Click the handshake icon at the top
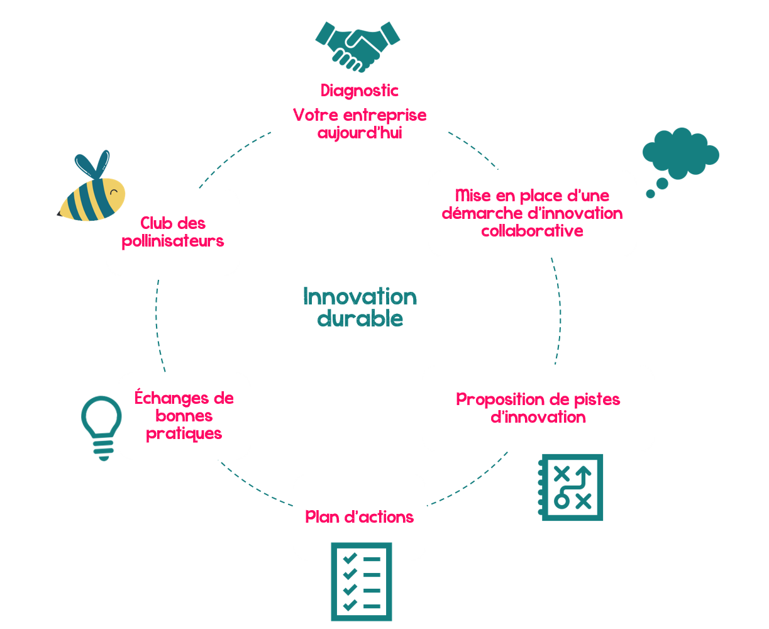(x=358, y=46)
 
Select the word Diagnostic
(x=360, y=91)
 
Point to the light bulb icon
(x=101, y=425)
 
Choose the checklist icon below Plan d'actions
(x=361, y=581)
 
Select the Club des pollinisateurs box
(x=173, y=232)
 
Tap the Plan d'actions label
(x=360, y=517)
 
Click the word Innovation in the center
(x=360, y=296)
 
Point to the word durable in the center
(x=360, y=319)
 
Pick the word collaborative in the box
(x=533, y=231)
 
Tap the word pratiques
(x=184, y=433)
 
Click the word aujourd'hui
(x=360, y=133)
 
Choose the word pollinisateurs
(x=173, y=242)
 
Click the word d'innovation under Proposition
(x=538, y=417)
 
